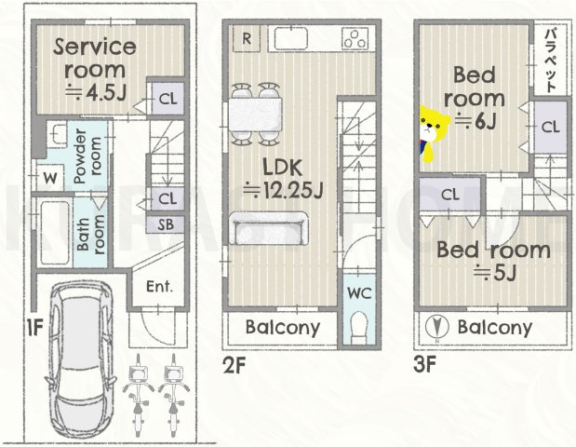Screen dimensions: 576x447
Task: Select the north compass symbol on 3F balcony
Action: coord(436,327)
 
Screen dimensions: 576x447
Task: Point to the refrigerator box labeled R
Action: coord(247,38)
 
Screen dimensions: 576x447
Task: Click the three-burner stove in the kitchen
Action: coord(355,38)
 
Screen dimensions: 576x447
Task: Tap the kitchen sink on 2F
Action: coord(291,38)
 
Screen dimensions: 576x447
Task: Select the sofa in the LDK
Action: coord(269,228)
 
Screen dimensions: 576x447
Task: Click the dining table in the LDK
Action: coord(256,114)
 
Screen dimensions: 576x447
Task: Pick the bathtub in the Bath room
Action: coord(55,232)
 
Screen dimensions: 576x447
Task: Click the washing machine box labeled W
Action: coord(50,178)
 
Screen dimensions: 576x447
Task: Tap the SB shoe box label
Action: coord(166,224)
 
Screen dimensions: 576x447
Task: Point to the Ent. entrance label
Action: coord(159,287)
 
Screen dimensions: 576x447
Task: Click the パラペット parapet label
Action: coord(550,61)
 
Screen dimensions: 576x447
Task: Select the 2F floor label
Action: coord(234,366)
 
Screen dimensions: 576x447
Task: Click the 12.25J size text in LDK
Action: coord(283,190)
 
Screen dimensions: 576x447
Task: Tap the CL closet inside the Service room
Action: coord(168,99)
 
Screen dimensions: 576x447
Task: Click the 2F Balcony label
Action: coord(283,327)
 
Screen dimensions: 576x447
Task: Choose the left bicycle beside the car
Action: coord(138,395)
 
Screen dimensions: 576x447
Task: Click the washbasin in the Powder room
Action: coord(57,135)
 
